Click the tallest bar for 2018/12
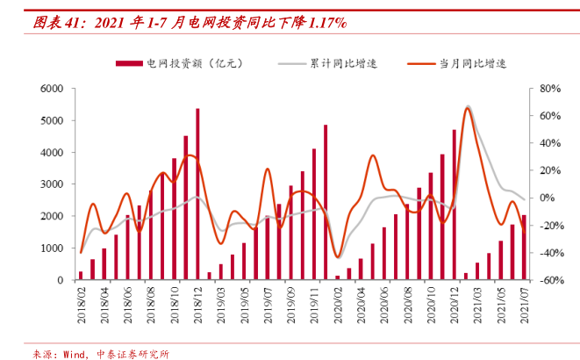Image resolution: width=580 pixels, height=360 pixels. (x=197, y=193)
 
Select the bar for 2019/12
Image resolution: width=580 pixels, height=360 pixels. (x=326, y=202)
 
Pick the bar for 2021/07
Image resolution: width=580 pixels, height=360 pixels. (x=524, y=248)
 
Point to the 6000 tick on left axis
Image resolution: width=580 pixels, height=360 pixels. (x=51, y=89)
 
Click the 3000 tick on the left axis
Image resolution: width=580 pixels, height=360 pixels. (x=51, y=184)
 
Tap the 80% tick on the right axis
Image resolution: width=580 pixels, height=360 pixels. (x=550, y=89)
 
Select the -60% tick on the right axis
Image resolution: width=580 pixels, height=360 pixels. (x=549, y=280)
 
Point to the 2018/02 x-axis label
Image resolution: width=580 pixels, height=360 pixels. (x=81, y=305)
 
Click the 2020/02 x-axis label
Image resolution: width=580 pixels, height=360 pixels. (x=337, y=305)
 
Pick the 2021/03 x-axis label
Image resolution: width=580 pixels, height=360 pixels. (x=477, y=305)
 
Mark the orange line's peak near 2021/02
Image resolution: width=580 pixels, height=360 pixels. (x=468, y=108)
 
